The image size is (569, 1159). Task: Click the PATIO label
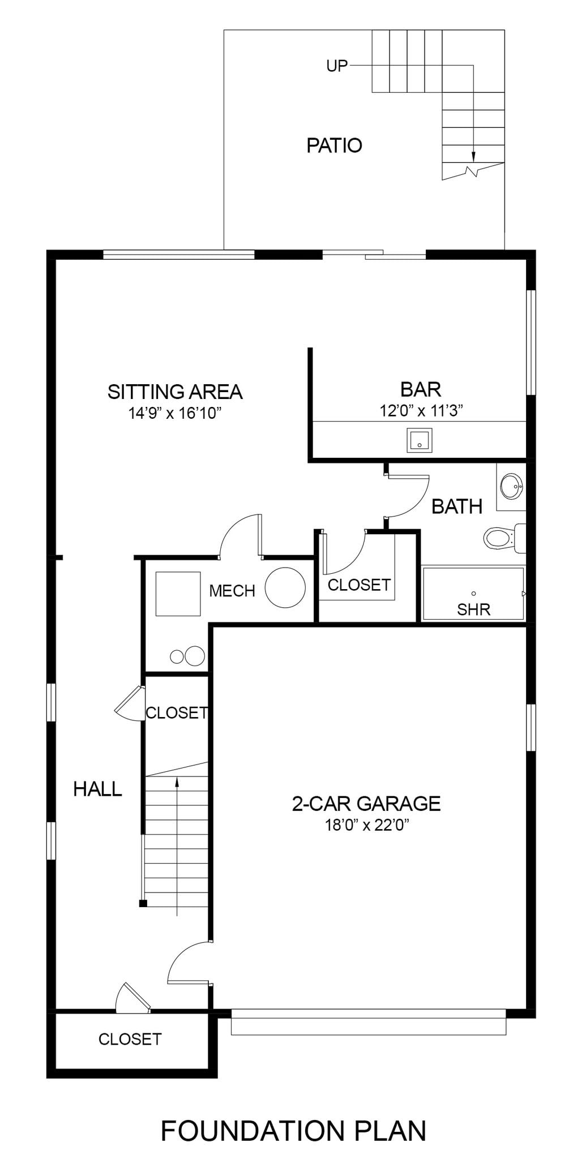(x=334, y=145)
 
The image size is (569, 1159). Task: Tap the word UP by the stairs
(x=337, y=66)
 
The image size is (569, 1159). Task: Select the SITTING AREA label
(x=175, y=392)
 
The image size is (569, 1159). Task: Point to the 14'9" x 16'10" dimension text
(x=174, y=413)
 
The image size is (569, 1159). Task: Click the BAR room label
(x=421, y=389)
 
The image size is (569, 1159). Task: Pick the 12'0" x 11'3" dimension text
(x=421, y=410)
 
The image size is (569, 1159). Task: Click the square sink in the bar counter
(x=419, y=440)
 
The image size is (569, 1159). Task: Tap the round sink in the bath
(x=511, y=486)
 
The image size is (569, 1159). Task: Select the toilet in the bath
(x=504, y=538)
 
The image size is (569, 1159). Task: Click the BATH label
(x=457, y=506)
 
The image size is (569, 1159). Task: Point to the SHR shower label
(x=474, y=609)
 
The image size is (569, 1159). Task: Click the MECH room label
(x=232, y=591)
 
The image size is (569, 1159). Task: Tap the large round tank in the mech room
(x=285, y=587)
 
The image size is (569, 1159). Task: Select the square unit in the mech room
(x=178, y=594)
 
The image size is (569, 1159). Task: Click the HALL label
(x=97, y=789)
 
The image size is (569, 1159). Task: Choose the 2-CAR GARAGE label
(x=366, y=804)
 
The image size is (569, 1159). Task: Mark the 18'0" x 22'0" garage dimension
(x=367, y=825)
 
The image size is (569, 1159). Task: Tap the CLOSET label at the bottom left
(x=130, y=1039)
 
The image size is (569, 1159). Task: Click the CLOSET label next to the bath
(x=359, y=585)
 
